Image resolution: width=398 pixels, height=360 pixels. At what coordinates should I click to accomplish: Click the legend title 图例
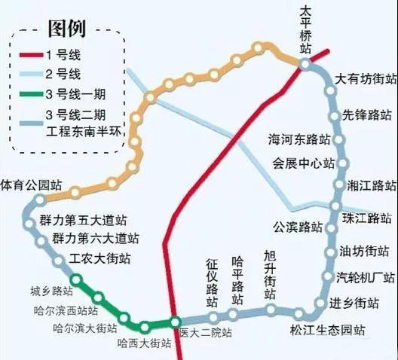[67, 29]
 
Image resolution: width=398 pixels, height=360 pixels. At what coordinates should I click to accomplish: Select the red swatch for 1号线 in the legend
[31, 55]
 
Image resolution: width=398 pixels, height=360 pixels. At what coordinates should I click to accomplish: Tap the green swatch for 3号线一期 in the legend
[31, 94]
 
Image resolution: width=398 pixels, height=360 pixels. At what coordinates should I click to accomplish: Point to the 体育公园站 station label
[31, 185]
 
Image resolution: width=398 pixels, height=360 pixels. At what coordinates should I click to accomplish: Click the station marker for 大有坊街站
[330, 90]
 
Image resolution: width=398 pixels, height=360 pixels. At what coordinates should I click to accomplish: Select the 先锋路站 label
[367, 115]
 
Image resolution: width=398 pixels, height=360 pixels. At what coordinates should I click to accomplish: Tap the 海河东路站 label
[299, 139]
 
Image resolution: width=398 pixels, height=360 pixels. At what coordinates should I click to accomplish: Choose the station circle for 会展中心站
[342, 163]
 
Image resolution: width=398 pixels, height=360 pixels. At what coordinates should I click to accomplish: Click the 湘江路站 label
[372, 185]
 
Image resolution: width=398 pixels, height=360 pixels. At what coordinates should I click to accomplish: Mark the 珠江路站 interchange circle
[335, 206]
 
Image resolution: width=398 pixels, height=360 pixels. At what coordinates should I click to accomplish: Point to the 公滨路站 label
[298, 227]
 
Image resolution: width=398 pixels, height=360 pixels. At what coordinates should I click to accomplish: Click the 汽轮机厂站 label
[366, 277]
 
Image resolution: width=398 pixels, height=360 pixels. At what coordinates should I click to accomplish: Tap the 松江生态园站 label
[327, 330]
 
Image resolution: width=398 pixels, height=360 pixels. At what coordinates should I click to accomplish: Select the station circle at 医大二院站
[175, 322]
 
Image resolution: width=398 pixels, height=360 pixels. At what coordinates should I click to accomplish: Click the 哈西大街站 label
[144, 343]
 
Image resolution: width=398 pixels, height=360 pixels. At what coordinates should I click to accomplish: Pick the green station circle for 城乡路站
[76, 280]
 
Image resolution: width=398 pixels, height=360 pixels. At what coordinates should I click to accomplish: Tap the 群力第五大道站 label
[83, 220]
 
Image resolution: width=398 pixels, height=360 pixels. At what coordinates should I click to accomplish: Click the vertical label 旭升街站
[270, 275]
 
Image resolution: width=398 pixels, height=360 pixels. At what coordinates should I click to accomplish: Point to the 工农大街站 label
[99, 258]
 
